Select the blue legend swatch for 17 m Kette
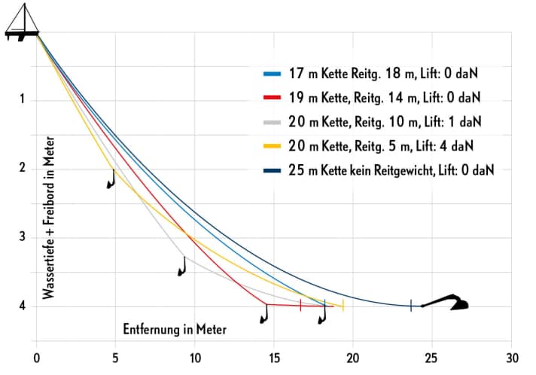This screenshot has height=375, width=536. point(273,75)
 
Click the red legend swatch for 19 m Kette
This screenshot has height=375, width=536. point(273,98)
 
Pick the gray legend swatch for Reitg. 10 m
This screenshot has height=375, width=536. point(273,122)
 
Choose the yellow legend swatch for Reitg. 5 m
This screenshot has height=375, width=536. point(273,145)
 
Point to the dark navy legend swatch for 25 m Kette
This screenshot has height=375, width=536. point(273,169)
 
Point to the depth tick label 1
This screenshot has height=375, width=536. point(23,99)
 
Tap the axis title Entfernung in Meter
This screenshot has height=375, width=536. point(175,329)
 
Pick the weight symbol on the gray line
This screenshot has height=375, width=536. point(181,266)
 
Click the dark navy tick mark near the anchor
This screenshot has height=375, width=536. point(411,305)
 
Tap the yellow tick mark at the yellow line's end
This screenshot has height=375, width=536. point(343,305)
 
